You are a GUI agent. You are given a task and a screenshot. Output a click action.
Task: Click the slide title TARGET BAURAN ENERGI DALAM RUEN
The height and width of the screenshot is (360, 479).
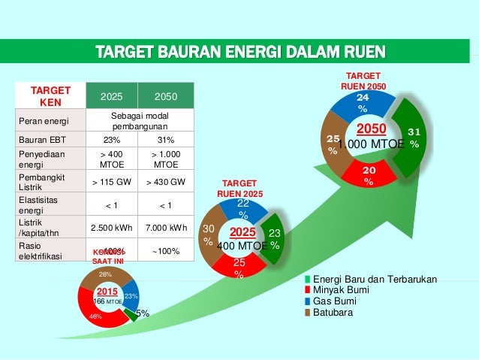(239, 52)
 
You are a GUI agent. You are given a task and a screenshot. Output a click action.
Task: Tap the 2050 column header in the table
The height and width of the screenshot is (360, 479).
(166, 97)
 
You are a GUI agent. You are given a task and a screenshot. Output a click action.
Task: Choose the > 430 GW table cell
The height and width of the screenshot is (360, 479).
(166, 180)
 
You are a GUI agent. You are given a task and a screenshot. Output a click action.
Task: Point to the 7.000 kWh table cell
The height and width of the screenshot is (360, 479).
(166, 228)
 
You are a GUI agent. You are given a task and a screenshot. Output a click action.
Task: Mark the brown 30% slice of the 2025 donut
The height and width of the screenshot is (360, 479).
(209, 236)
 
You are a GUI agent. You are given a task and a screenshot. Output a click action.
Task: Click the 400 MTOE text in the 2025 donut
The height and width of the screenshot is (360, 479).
(242, 246)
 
